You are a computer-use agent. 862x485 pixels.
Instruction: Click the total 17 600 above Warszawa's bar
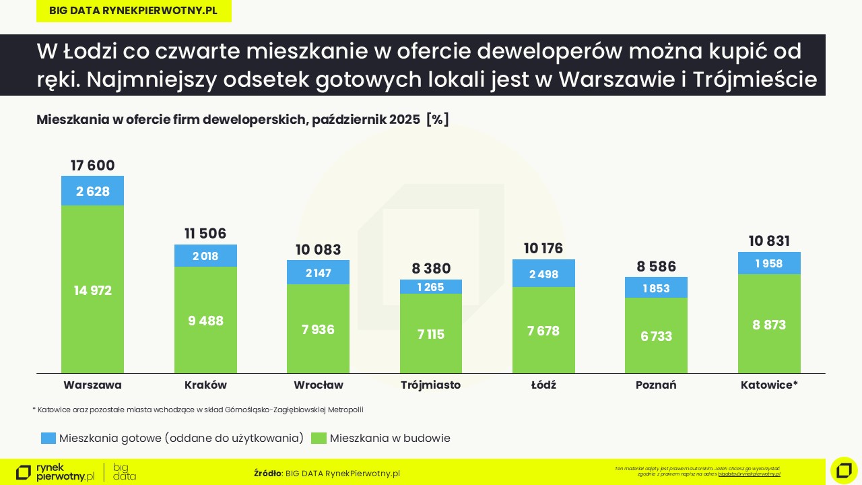(x=92, y=166)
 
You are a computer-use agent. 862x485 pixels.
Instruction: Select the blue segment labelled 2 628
(x=92, y=191)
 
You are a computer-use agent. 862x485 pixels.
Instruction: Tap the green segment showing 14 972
(x=92, y=290)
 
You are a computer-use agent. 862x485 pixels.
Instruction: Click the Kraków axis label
(x=205, y=385)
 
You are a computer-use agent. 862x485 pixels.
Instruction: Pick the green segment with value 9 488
(x=205, y=320)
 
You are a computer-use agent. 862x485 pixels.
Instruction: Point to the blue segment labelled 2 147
(x=318, y=273)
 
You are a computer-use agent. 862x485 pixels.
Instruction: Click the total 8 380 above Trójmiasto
(x=431, y=269)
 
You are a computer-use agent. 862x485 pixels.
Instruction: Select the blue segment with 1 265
(x=431, y=287)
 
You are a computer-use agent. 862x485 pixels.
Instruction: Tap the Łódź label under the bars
(x=543, y=385)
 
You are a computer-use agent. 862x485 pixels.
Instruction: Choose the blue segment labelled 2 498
(x=543, y=273)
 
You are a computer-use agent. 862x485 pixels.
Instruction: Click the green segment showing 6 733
(x=656, y=335)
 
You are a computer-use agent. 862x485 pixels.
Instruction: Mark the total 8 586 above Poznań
(x=656, y=266)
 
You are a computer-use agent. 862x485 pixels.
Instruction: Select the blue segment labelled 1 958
(x=769, y=263)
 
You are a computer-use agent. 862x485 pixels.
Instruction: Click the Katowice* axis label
(x=769, y=385)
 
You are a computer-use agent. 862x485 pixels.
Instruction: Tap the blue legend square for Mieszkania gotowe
(x=48, y=438)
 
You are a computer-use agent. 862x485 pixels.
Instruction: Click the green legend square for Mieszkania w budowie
(x=319, y=438)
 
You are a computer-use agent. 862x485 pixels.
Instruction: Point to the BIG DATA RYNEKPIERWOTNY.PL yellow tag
(x=133, y=11)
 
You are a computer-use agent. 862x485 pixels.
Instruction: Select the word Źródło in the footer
(x=267, y=474)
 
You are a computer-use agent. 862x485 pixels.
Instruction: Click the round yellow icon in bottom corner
(x=844, y=470)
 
